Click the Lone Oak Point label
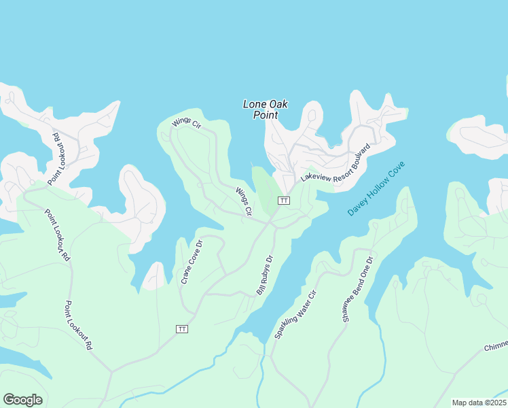[266, 109]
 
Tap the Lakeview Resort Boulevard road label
[336, 167]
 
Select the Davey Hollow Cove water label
[376, 188]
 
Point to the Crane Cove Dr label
[192, 262]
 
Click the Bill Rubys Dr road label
[264, 275]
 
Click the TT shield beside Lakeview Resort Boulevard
[284, 201]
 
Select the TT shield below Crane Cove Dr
[181, 329]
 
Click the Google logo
[22, 400]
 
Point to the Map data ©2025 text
[478, 403]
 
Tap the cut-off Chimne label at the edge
[495, 347]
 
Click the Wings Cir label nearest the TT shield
[243, 202]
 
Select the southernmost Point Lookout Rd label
[78, 325]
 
